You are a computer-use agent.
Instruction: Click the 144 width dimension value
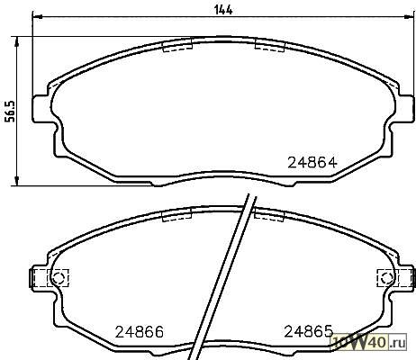tap(223, 10)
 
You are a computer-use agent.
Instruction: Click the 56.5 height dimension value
tap(11, 112)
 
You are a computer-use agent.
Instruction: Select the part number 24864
tap(312, 163)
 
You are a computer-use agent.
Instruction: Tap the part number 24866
tap(140, 332)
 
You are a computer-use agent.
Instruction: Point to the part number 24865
tap(309, 331)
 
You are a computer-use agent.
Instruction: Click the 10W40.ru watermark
tap(368, 342)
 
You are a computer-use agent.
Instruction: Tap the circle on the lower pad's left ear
tap(58, 277)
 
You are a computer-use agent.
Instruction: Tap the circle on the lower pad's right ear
tap(385, 278)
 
